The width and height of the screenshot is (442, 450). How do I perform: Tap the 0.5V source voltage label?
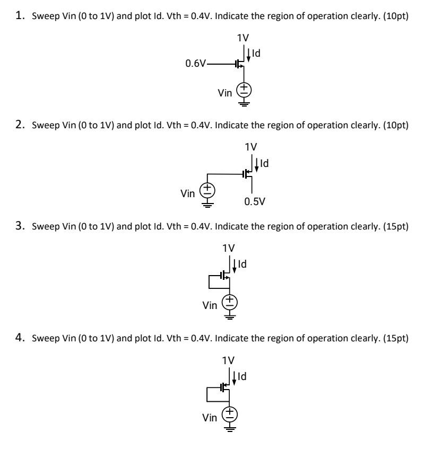252,201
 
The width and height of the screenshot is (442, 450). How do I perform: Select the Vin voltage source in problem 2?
207,189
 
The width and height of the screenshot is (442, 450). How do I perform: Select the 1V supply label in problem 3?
229,248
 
